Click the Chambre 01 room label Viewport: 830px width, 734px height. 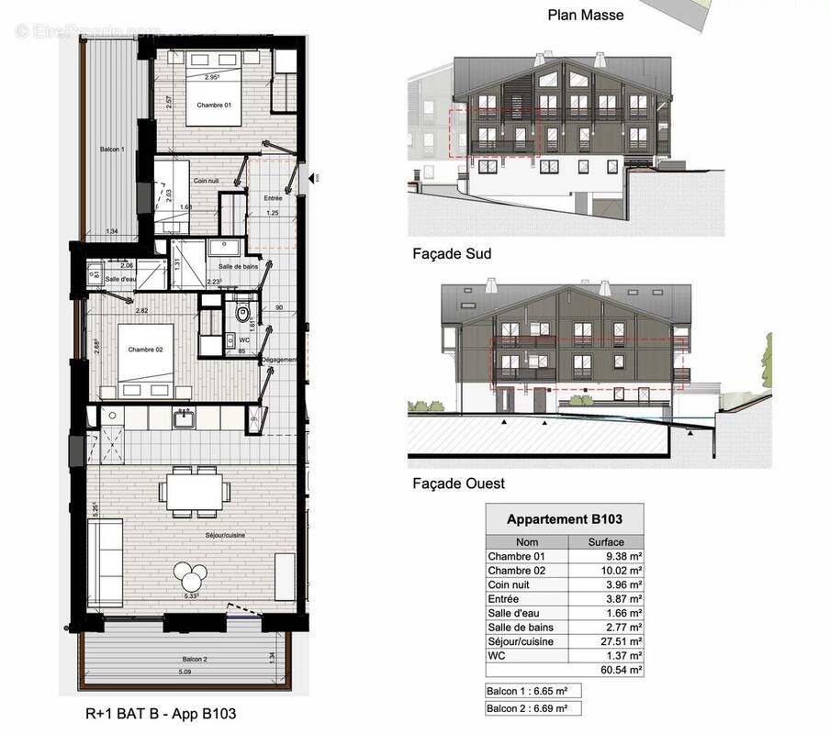[216, 105]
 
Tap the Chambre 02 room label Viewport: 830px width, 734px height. [145, 349]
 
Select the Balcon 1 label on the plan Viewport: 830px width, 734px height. [112, 149]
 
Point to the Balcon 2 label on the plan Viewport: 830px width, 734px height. [193, 660]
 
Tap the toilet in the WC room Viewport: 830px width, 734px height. [242, 315]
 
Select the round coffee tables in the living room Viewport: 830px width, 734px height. [193, 576]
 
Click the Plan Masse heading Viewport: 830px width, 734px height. [585, 14]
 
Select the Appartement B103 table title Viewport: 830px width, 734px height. [564, 519]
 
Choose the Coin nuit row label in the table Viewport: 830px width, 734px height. [510, 584]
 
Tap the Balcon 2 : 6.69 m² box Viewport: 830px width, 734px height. [533, 708]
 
